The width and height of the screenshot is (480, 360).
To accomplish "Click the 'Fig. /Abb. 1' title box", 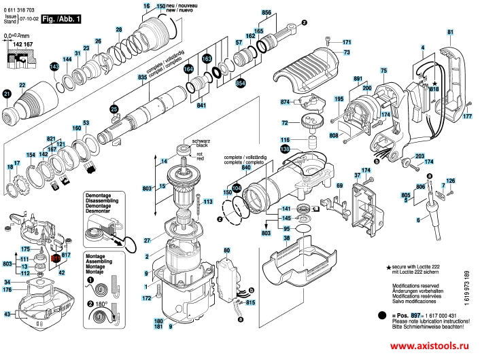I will tap(61, 20).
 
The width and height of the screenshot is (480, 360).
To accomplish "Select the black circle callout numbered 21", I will tap(7, 94).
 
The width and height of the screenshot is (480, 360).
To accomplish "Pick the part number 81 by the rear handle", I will tap(449, 32).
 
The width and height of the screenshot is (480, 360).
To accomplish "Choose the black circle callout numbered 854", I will tap(240, 83).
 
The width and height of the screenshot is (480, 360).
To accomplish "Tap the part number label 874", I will tap(286, 102).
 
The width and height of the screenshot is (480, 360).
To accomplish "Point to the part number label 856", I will tap(266, 13).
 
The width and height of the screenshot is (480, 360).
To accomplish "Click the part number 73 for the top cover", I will tap(347, 52).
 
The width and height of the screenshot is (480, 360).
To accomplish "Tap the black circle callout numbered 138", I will tap(285, 149).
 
